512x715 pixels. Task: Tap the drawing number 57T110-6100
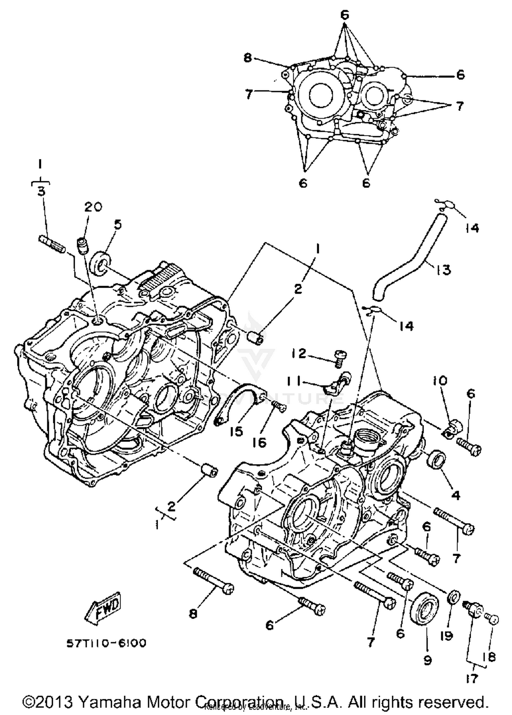(106, 643)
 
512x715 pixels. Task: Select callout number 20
(93, 207)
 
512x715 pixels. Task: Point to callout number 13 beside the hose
(443, 269)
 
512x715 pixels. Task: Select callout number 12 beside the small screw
(299, 354)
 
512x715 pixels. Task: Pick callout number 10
(440, 381)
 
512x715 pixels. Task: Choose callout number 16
(259, 443)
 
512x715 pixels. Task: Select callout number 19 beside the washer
(447, 635)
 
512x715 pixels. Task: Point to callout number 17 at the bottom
(472, 679)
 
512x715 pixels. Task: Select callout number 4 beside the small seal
(456, 495)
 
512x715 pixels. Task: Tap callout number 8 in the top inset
(247, 58)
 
